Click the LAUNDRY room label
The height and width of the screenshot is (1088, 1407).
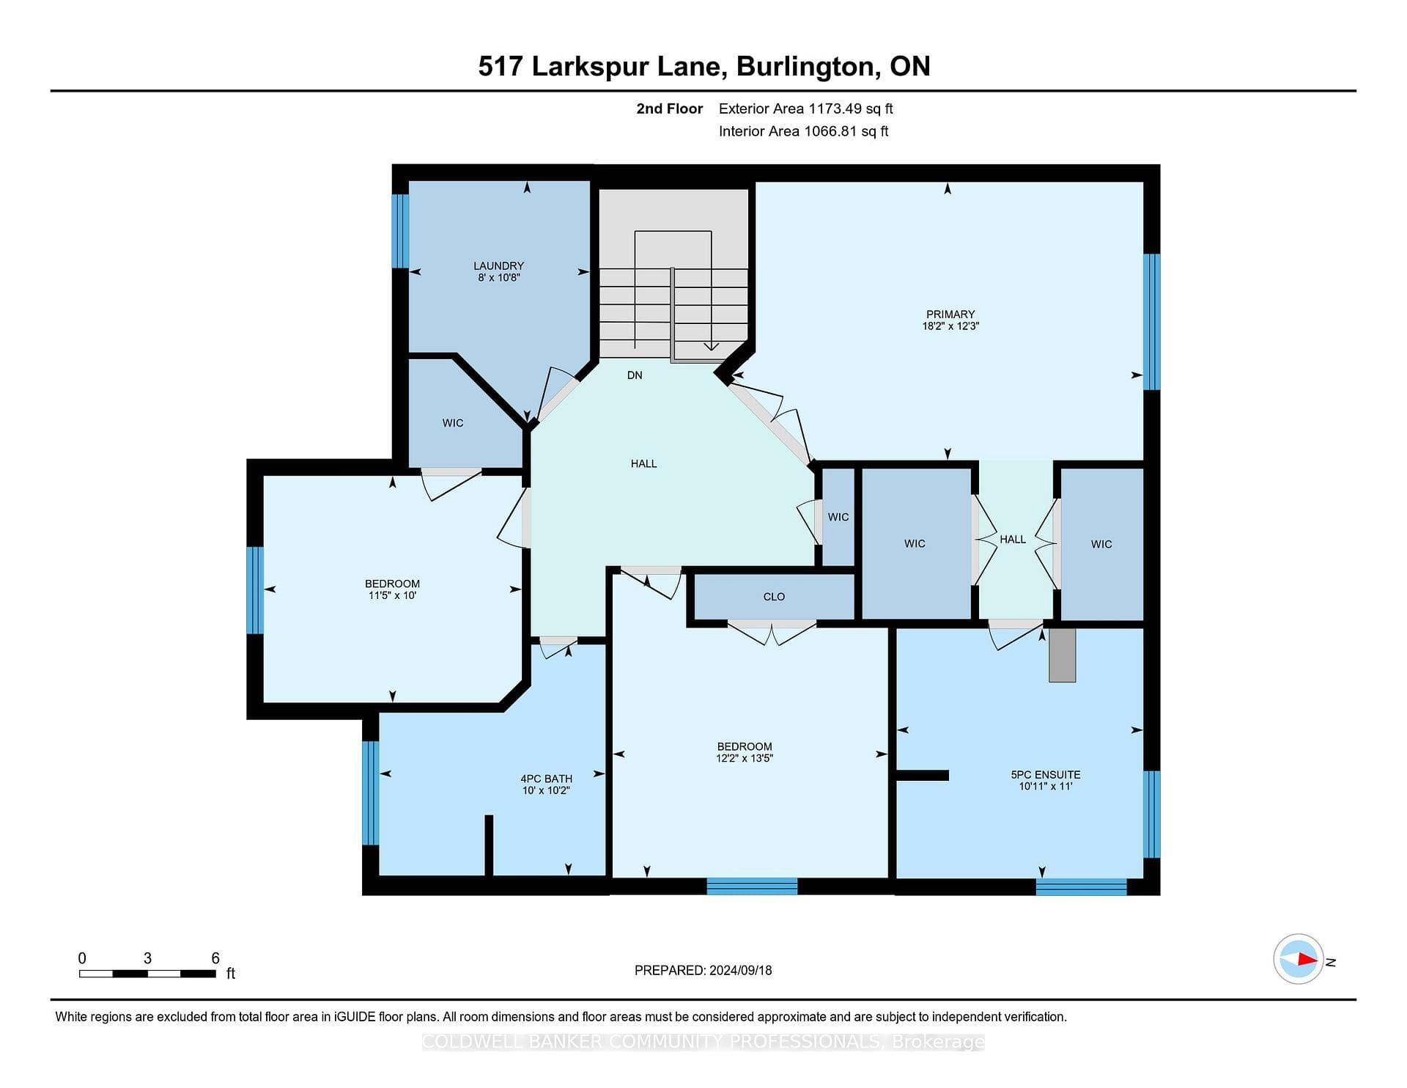click(498, 265)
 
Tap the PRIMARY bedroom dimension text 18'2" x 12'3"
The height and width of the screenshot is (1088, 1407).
click(950, 326)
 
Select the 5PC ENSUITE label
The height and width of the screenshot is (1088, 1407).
click(1046, 774)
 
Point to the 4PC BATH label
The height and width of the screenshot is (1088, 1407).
click(547, 779)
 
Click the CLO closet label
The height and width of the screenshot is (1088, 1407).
click(774, 597)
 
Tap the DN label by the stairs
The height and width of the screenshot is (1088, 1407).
click(635, 375)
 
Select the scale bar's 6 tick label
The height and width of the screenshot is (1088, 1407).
click(215, 958)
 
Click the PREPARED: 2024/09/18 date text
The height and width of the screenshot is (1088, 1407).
click(703, 970)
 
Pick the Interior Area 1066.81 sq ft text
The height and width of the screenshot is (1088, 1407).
click(803, 131)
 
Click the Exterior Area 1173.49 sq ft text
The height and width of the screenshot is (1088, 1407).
click(805, 109)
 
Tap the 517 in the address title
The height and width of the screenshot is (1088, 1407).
click(501, 66)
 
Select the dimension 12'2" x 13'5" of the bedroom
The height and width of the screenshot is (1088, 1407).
click(745, 759)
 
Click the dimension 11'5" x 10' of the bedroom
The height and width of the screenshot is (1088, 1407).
click(393, 595)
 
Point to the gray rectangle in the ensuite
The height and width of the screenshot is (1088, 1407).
click(1063, 655)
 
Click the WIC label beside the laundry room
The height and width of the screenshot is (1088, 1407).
click(453, 423)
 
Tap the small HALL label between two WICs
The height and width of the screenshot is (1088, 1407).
click(1013, 540)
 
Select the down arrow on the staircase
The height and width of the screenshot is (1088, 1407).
click(711, 346)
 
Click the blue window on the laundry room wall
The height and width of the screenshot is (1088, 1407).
click(400, 231)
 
